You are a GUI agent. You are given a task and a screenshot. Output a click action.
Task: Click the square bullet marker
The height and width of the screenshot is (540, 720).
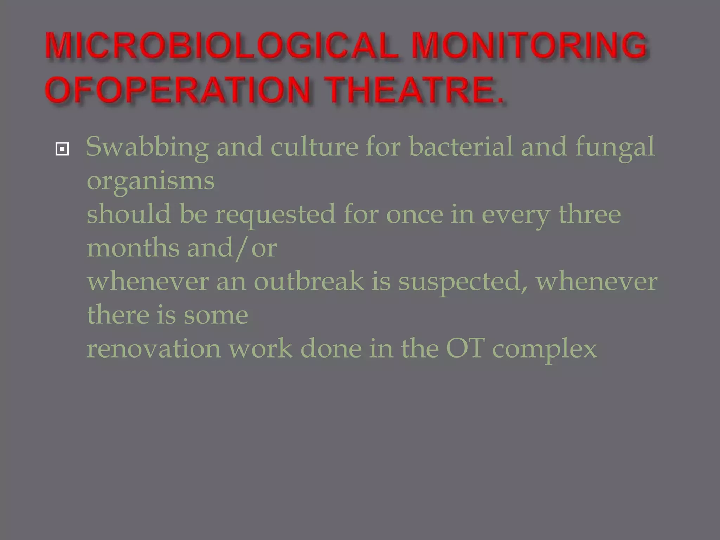[x=62, y=149]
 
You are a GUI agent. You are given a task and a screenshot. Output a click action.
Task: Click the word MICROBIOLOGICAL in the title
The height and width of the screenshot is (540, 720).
[x=221, y=46]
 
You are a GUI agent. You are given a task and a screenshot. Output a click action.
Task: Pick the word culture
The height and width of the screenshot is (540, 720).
[x=314, y=147]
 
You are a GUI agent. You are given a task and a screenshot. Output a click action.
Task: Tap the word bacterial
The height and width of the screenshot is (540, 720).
[x=461, y=146]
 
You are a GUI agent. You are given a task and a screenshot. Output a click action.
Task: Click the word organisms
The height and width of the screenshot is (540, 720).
[x=150, y=181]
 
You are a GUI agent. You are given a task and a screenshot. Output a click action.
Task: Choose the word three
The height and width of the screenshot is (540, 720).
[x=590, y=214]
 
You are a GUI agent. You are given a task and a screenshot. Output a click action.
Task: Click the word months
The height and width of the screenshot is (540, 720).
[x=133, y=248]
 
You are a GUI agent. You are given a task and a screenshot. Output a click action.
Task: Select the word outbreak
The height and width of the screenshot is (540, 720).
[x=309, y=281]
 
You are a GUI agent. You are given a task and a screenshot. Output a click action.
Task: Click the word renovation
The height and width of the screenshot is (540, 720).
[x=154, y=349]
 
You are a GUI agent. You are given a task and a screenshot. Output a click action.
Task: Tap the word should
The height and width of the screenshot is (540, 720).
[x=129, y=214]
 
